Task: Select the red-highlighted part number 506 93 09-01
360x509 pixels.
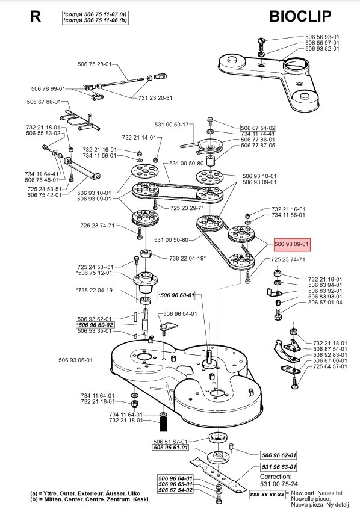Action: tap(291, 244)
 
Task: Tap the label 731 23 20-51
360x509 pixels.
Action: tap(155, 97)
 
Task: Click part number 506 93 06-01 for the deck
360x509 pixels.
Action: tap(76, 360)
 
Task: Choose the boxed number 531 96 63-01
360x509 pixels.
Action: tap(279, 467)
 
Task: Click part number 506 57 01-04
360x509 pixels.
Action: tap(325, 303)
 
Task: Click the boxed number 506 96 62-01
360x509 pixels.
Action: tap(279, 455)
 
